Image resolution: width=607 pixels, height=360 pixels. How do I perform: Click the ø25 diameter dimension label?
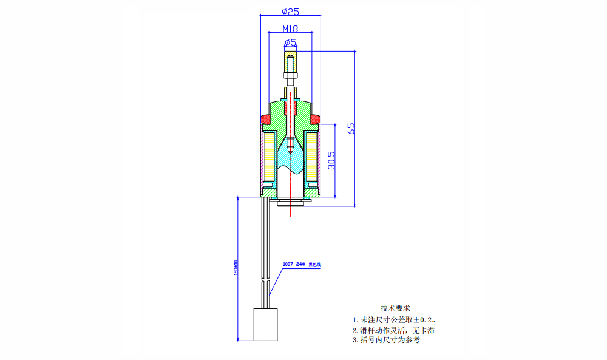291,11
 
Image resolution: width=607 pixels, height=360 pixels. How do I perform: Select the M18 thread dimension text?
290,28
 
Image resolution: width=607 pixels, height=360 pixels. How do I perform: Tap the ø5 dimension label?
290,42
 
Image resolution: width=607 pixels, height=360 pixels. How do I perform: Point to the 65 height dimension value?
351,128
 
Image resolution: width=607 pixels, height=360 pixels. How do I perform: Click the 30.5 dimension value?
331,161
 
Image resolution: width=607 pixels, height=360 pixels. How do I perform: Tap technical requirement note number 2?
393,330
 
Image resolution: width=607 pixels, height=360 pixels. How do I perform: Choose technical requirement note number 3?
385,341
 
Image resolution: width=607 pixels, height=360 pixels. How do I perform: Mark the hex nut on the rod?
291,76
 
